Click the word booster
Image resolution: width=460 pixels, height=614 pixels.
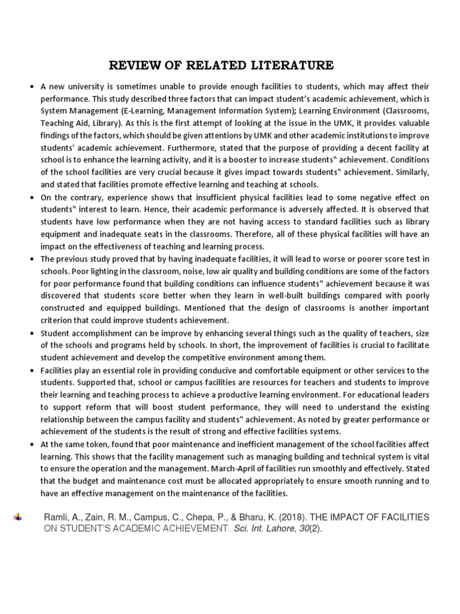point(256,160)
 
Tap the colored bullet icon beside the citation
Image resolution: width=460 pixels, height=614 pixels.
point(17,517)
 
